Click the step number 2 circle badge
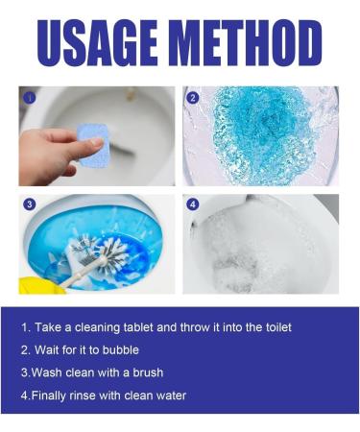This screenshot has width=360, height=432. (x=193, y=98)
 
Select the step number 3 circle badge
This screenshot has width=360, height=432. (x=29, y=204)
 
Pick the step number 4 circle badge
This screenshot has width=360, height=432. (x=193, y=204)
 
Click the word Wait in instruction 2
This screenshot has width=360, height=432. (x=46, y=349)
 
